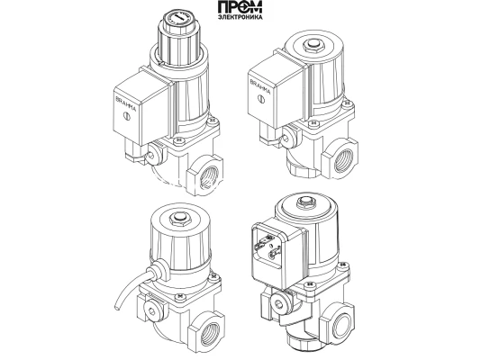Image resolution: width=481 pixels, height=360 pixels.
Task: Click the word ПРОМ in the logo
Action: [240, 6]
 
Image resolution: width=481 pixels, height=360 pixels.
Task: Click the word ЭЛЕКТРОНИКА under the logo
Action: [240, 17]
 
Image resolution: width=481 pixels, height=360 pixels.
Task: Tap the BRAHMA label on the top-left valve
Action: [126, 103]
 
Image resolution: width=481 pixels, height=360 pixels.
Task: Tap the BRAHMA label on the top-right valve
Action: [260, 86]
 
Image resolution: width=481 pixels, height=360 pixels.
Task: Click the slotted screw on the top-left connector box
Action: [126, 116]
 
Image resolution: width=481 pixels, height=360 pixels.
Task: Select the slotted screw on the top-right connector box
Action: [260, 99]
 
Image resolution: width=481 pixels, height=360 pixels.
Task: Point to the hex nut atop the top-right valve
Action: [313, 45]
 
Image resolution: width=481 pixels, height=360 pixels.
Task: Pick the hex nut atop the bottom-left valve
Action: [180, 219]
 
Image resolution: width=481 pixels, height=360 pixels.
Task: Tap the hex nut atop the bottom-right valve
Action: [305, 202]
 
